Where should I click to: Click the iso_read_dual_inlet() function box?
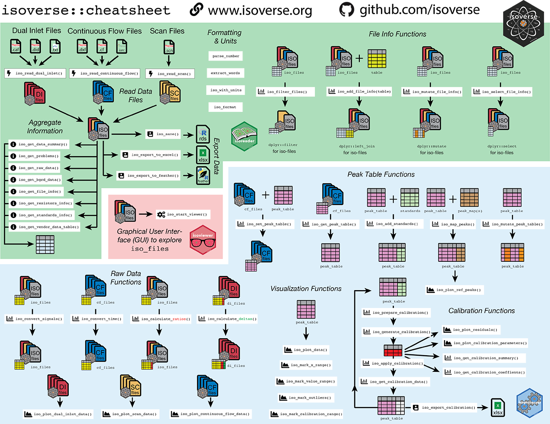point(35,73)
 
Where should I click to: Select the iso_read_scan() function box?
point(170,73)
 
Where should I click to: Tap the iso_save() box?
point(163,134)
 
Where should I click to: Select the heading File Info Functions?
point(397,34)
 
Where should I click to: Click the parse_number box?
point(225,56)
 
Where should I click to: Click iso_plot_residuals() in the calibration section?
point(470,330)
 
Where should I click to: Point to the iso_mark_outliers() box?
point(305,397)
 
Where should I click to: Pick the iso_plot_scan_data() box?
point(131,414)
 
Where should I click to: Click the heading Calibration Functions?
point(481,310)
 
